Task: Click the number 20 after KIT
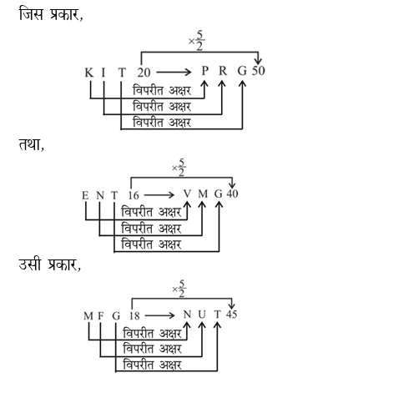(144, 72)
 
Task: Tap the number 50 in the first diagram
(258, 72)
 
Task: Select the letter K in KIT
(88, 73)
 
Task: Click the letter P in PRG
(206, 73)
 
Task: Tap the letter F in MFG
(102, 317)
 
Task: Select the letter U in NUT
(203, 317)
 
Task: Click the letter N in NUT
(188, 317)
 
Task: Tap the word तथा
(31, 144)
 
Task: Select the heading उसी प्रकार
(49, 266)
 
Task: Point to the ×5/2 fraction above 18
(179, 286)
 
